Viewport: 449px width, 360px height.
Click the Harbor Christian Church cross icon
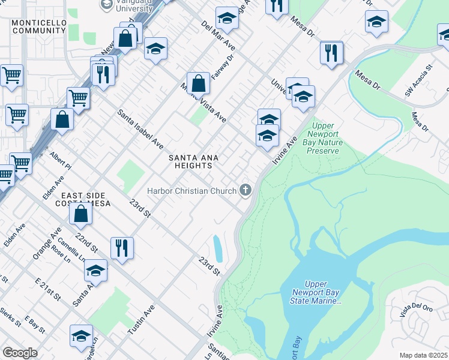tap(245, 191)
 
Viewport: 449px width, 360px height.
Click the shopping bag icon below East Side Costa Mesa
tap(80, 213)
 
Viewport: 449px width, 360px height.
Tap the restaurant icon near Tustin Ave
tap(122, 247)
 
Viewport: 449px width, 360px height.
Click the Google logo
tap(20, 353)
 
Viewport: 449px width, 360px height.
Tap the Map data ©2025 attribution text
tap(424, 355)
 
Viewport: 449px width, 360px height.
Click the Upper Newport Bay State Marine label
tap(322, 292)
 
